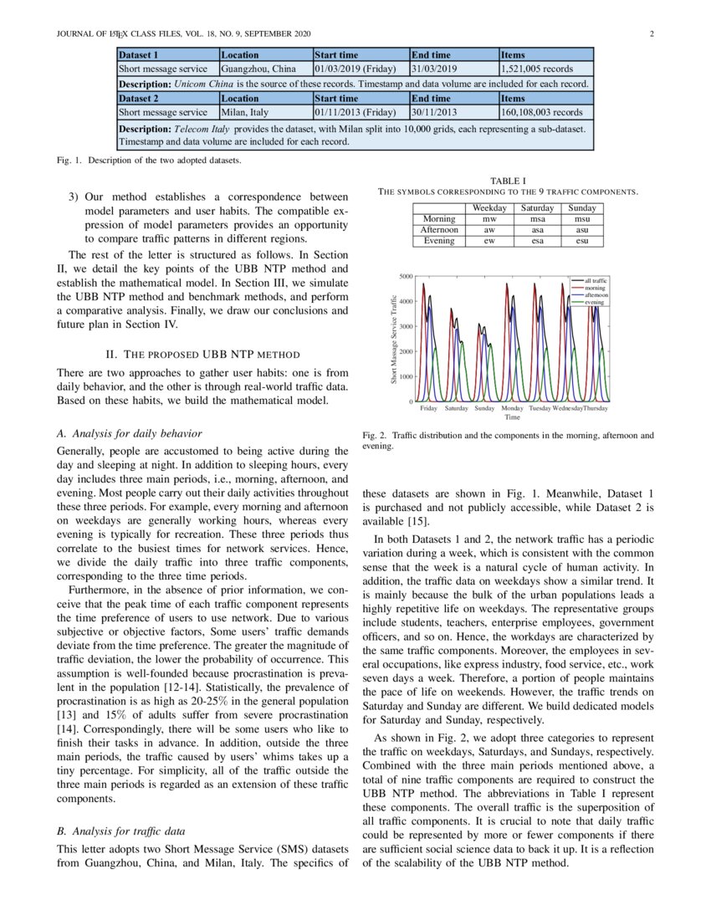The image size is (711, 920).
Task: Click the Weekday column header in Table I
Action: (490, 207)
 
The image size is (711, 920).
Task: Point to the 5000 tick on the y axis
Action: (404, 275)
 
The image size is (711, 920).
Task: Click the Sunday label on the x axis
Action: (484, 408)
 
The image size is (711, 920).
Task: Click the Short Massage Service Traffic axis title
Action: (393, 340)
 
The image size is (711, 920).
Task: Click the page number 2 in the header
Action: (651, 33)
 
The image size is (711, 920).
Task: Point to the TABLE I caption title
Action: (509, 180)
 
